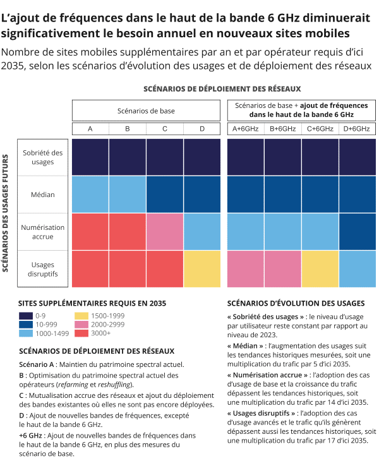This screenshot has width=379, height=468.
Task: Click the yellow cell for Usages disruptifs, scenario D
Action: coord(202,269)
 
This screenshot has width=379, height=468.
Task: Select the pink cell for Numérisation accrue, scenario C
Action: coord(165,232)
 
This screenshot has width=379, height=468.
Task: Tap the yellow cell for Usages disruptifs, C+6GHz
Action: coord(320,269)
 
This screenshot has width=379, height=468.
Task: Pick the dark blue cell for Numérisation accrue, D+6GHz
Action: coord(358,232)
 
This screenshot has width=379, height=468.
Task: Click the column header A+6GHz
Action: coord(246,129)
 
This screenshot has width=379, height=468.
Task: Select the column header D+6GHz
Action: coord(358,129)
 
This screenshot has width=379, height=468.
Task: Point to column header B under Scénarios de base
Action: coord(128,129)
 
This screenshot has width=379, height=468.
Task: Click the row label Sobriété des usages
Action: coord(43,157)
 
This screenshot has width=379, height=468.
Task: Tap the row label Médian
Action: coord(43,195)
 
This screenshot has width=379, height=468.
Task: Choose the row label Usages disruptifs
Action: coord(43,269)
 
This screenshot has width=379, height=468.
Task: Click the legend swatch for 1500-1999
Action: coord(82,315)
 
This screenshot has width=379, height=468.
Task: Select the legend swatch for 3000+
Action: coord(82,333)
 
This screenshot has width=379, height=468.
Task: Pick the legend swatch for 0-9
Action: coord(26,315)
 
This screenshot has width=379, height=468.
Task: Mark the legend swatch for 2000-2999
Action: coord(82,324)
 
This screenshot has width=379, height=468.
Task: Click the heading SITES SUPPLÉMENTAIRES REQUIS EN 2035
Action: coord(92,303)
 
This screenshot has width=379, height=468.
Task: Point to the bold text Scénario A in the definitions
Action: coord(37,364)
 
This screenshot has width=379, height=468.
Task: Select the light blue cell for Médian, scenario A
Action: coord(90,195)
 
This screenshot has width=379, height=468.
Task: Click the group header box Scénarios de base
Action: coord(146,111)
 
